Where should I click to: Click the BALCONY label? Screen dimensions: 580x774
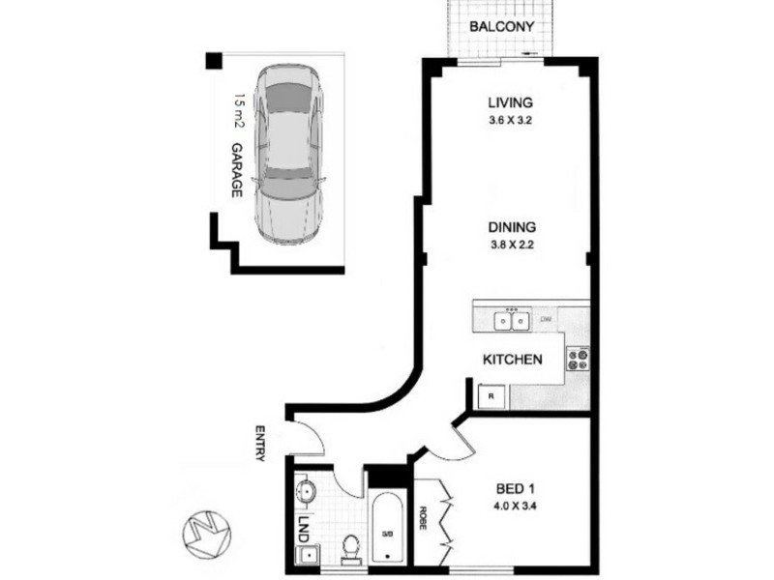(501, 26)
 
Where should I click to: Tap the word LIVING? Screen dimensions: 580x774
(510, 103)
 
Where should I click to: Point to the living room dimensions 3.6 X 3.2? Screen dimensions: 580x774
(510, 121)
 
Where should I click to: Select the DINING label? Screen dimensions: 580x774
(511, 227)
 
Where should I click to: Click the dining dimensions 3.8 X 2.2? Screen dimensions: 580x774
(511, 245)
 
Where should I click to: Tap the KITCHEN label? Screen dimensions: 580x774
(512, 360)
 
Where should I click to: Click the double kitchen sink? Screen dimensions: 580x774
(511, 320)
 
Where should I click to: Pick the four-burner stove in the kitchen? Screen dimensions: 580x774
(578, 360)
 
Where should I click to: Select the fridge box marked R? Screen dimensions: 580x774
(491, 395)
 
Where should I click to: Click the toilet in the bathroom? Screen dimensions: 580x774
(351, 543)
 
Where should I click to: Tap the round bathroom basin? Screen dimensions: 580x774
(306, 490)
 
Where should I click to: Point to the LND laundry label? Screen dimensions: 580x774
(304, 529)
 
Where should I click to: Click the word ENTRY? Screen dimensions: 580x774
(260, 443)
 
